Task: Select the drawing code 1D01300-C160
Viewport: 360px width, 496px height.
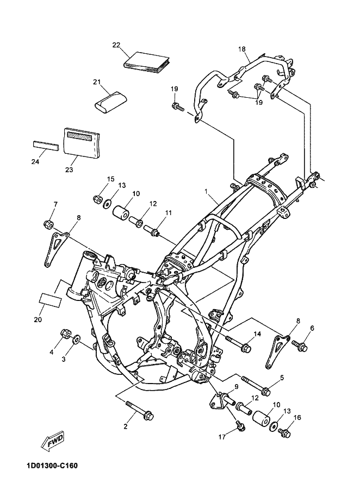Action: tap(51, 466)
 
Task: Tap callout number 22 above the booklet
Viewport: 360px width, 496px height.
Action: tap(116, 45)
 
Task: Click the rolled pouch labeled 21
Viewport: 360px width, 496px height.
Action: tap(110, 101)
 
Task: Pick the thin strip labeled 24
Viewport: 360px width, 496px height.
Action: tap(46, 147)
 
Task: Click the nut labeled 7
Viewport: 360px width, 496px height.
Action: tap(48, 224)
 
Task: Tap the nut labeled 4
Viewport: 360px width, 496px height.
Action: tap(66, 334)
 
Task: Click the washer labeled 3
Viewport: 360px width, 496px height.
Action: tap(77, 340)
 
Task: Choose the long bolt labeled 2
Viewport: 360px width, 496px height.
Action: tap(139, 410)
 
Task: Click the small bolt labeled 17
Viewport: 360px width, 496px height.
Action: tap(240, 426)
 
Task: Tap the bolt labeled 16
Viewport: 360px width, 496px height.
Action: tap(284, 432)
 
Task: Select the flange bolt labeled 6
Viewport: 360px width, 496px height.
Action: tap(300, 346)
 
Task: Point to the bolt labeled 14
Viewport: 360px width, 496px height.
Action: tap(238, 344)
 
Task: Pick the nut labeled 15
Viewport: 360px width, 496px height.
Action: tap(97, 199)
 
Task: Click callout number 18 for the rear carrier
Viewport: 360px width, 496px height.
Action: tap(242, 49)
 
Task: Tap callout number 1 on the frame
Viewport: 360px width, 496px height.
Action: tap(206, 191)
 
